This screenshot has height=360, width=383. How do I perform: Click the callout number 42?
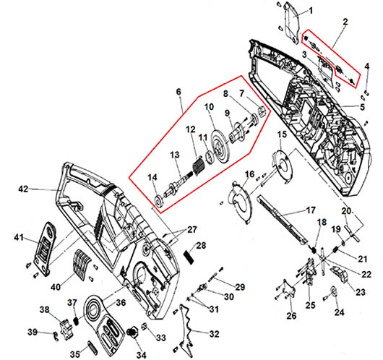click(x=23, y=189)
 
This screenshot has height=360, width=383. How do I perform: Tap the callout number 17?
click(x=311, y=210)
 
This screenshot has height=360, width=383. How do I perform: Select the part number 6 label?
click(x=178, y=92)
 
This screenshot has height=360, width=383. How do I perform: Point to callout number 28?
click(x=201, y=245)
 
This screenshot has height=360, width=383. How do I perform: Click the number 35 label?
click(x=75, y=354)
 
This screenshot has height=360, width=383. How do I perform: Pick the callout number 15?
click(x=282, y=134)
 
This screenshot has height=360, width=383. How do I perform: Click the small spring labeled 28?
click(x=189, y=257)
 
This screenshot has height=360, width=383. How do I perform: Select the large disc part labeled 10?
click(x=220, y=146)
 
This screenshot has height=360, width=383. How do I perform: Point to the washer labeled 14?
click(x=159, y=201)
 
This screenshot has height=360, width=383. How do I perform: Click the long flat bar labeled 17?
click(x=282, y=220)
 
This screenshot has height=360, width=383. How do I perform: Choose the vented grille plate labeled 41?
click(x=46, y=249)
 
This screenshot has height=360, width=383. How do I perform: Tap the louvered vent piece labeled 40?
click(x=82, y=264)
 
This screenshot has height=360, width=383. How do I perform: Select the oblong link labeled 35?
click(x=92, y=346)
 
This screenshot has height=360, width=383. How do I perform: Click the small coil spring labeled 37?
click(x=76, y=321)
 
